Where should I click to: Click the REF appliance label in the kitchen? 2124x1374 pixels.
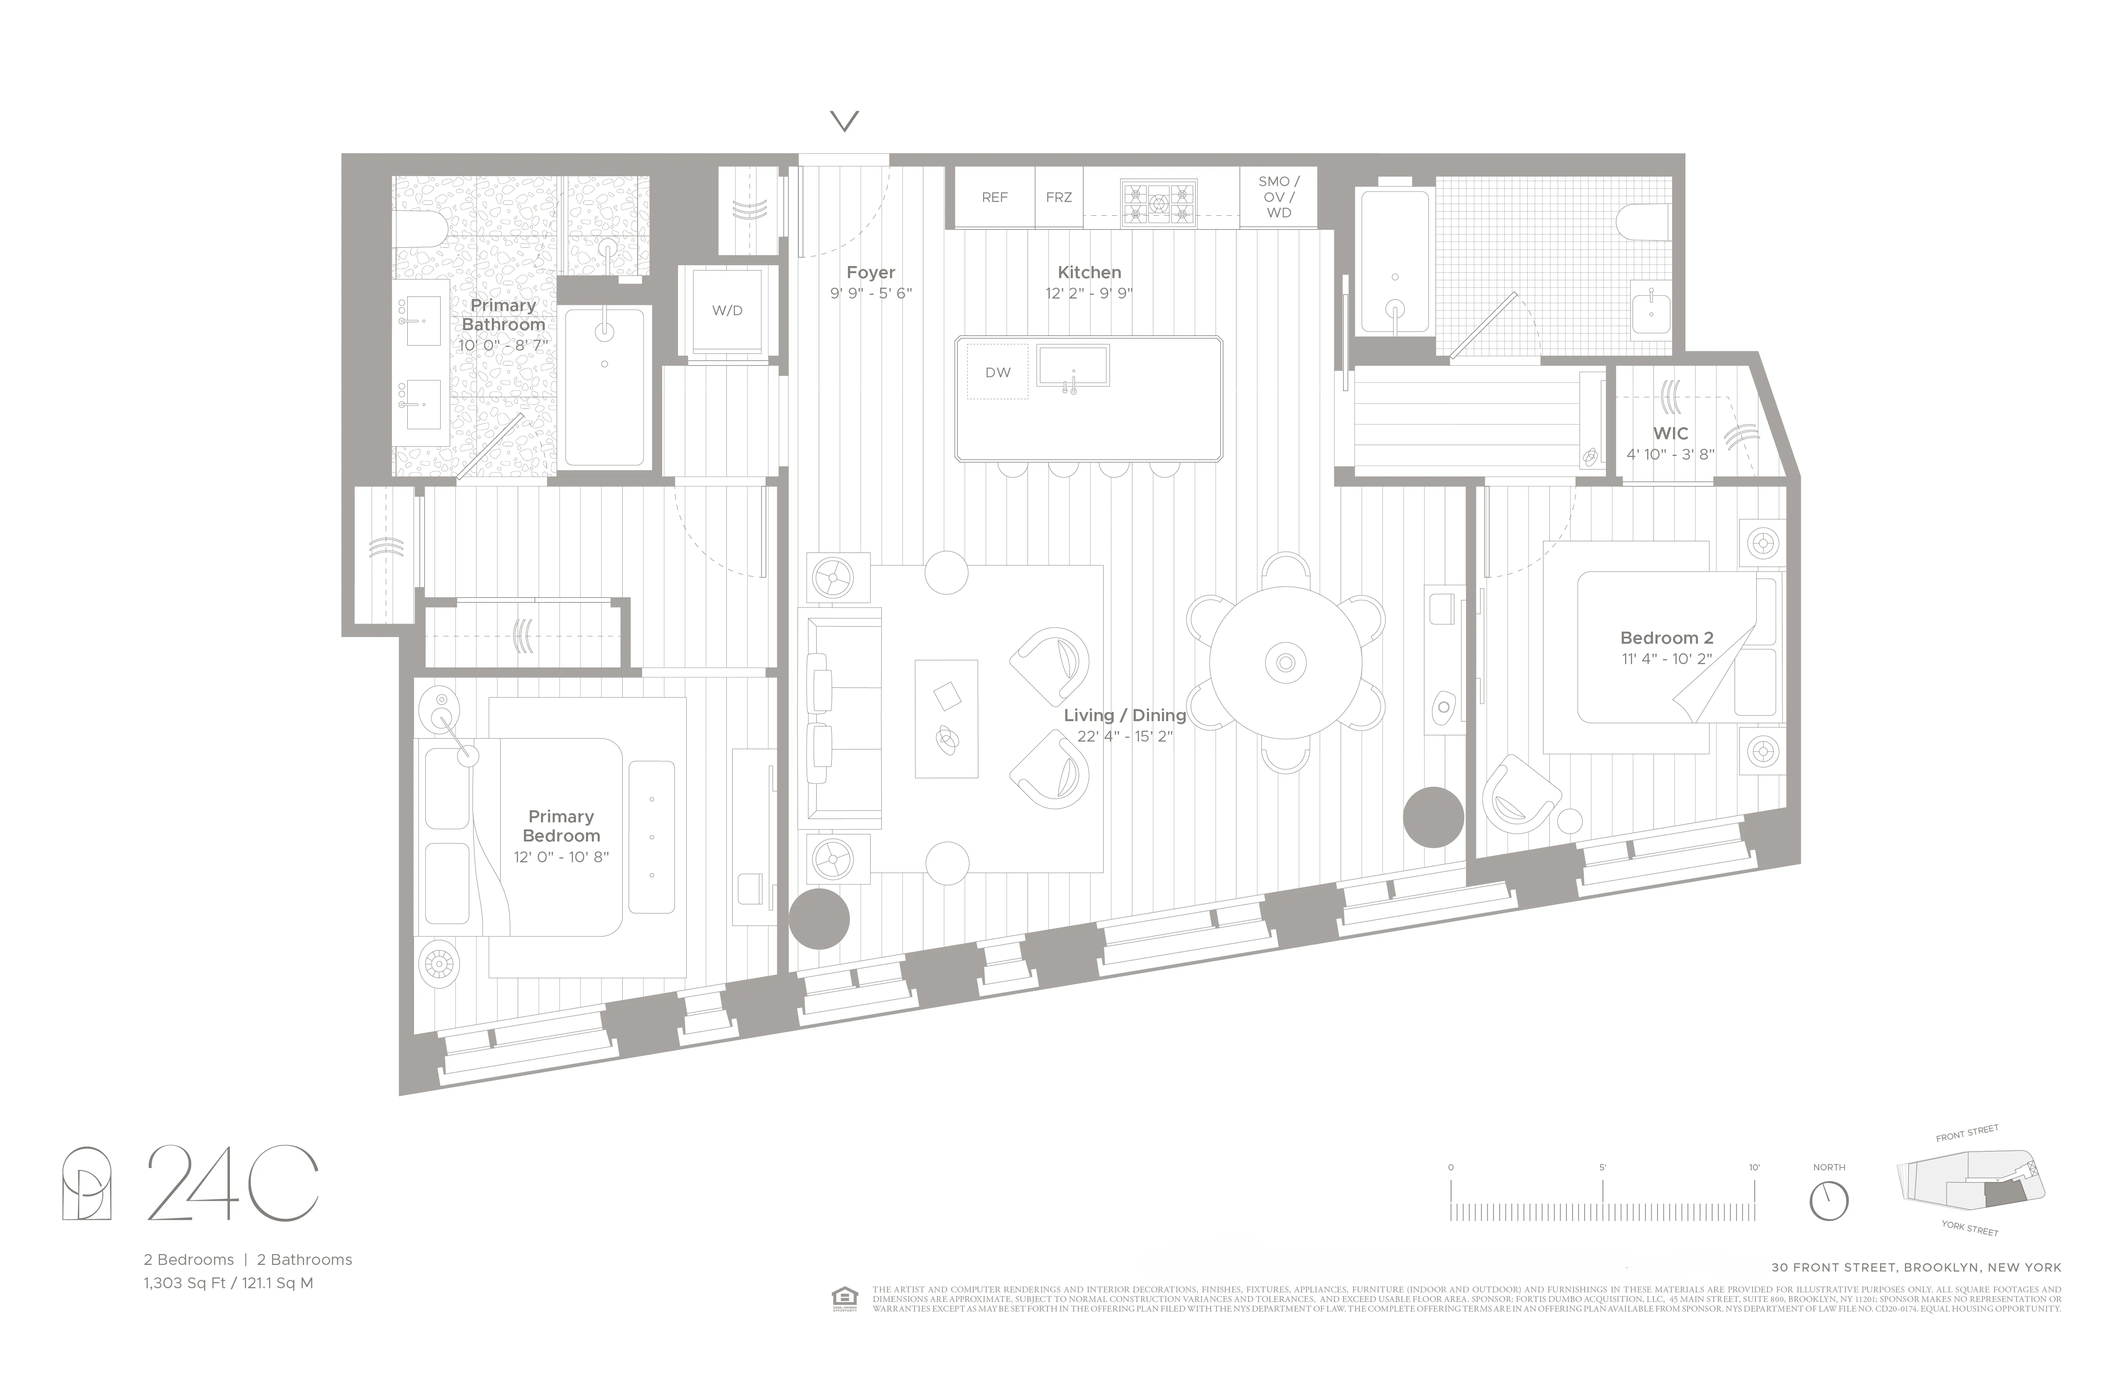tap(994, 197)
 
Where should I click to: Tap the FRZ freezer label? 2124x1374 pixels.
tap(1058, 197)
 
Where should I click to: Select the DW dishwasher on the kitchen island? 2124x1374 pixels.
tap(998, 372)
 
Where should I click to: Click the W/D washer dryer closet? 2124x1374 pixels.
tap(726, 311)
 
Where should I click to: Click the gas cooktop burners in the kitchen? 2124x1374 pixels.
tap(1158, 204)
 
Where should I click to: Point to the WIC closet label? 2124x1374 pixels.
tap(1670, 433)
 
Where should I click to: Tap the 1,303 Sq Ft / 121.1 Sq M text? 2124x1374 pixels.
tap(229, 1283)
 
